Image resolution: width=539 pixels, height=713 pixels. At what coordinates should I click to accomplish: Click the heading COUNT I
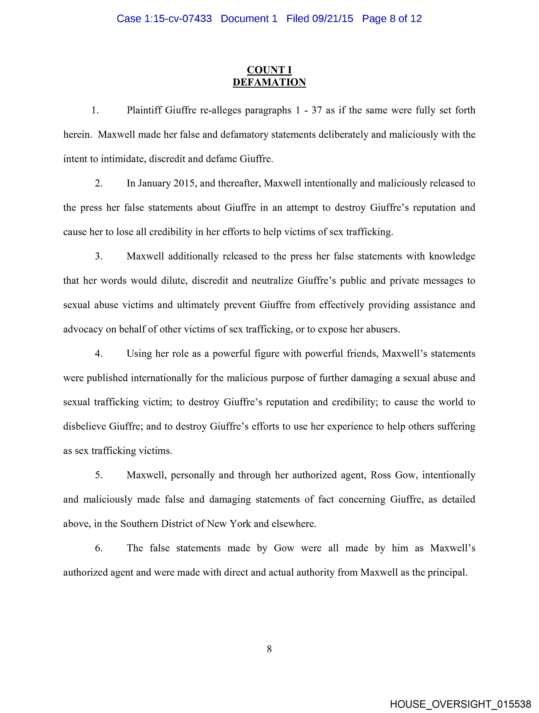coord(269,70)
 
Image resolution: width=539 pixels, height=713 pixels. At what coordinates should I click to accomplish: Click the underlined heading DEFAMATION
coord(269,83)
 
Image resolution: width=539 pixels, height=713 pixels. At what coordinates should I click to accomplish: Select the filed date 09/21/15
coord(333,19)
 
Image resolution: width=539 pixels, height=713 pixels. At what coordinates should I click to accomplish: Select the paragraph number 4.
coord(98,354)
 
